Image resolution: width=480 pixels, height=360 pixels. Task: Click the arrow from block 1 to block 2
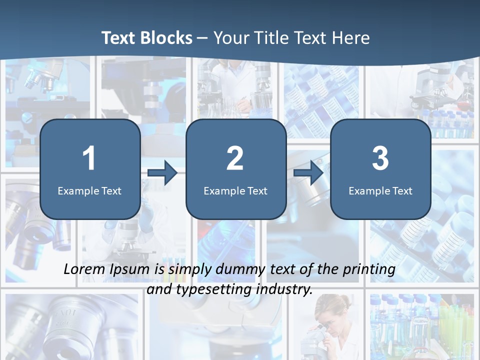pyautogui.click(x=162, y=173)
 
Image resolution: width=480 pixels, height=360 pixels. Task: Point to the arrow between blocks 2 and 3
pyautogui.click(x=308, y=173)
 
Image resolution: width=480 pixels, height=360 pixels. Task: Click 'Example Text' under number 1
pyautogui.click(x=89, y=191)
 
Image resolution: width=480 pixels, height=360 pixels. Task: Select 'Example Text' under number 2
pyautogui.click(x=235, y=191)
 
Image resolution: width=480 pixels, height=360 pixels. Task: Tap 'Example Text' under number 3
pyautogui.click(x=380, y=191)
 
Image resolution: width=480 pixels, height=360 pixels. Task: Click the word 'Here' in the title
pyautogui.click(x=350, y=38)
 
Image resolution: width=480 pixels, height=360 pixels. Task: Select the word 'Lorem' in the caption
pyautogui.click(x=84, y=269)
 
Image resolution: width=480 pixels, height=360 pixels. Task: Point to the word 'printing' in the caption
pyautogui.click(x=368, y=270)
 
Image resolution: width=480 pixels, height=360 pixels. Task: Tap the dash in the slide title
pyautogui.click(x=202, y=38)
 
